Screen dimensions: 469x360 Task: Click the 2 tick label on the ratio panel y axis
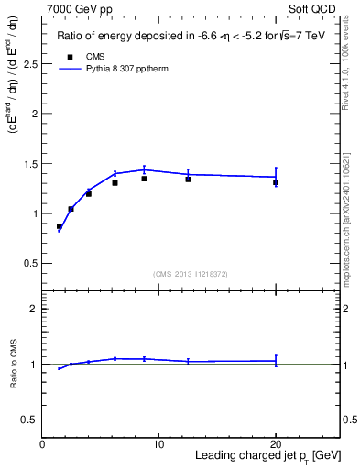coord(34,309)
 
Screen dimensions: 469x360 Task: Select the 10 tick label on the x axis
coord(158,444)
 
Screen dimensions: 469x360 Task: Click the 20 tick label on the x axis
coord(276,444)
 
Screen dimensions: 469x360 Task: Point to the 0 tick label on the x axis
coord(42,444)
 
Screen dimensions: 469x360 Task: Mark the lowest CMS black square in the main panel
coord(60,226)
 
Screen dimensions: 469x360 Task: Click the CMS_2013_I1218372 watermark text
coord(190,274)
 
